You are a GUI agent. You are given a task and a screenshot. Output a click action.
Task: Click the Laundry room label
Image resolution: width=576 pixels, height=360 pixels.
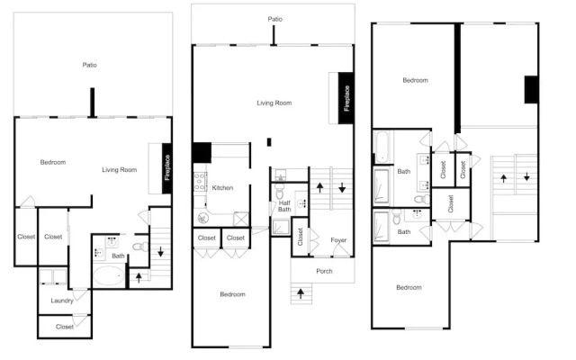[x=62, y=301]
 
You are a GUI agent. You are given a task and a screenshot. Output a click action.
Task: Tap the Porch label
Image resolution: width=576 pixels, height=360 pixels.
[x=324, y=271]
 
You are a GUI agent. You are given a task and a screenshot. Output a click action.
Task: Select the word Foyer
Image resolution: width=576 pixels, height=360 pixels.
[x=338, y=240]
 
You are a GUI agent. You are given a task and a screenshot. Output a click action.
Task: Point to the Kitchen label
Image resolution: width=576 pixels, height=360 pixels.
[x=222, y=188]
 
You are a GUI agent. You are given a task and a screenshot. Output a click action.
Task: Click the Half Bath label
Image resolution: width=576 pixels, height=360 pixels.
[x=284, y=206]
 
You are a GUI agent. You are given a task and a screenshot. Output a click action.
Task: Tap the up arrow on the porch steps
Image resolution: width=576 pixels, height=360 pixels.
[x=301, y=293]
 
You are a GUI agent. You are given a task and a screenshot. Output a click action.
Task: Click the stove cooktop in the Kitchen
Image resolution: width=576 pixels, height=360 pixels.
[x=200, y=182]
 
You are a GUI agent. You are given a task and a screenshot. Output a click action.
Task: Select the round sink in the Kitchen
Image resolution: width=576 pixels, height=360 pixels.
[x=202, y=219]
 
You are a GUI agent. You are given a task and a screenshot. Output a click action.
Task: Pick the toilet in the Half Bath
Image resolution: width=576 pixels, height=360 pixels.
[x=280, y=190]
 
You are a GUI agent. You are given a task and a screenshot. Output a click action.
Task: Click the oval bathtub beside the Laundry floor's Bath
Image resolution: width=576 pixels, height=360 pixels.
[x=109, y=276]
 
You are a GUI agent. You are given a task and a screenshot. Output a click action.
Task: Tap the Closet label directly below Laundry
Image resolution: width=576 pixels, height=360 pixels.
[x=64, y=327]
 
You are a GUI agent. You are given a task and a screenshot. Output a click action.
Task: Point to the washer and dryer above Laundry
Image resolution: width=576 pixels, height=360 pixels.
[x=53, y=276]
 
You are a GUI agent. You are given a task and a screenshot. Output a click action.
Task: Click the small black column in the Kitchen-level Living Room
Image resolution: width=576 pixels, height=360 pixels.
[x=269, y=142]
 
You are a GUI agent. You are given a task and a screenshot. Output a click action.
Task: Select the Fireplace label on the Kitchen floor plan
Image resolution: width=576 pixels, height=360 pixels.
[x=346, y=98]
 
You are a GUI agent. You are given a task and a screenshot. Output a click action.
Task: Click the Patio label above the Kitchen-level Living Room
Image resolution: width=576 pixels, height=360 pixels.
[x=274, y=19]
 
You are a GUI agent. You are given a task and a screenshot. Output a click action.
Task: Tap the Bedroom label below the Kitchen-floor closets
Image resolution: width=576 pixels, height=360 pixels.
[x=232, y=294]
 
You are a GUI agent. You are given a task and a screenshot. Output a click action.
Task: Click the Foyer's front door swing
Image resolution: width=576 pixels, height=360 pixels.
[x=342, y=250]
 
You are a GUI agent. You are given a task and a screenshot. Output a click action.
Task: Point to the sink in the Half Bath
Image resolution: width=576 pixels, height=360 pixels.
[x=302, y=202]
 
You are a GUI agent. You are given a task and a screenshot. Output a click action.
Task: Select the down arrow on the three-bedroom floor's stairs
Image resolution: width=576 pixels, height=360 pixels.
[x=526, y=176]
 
